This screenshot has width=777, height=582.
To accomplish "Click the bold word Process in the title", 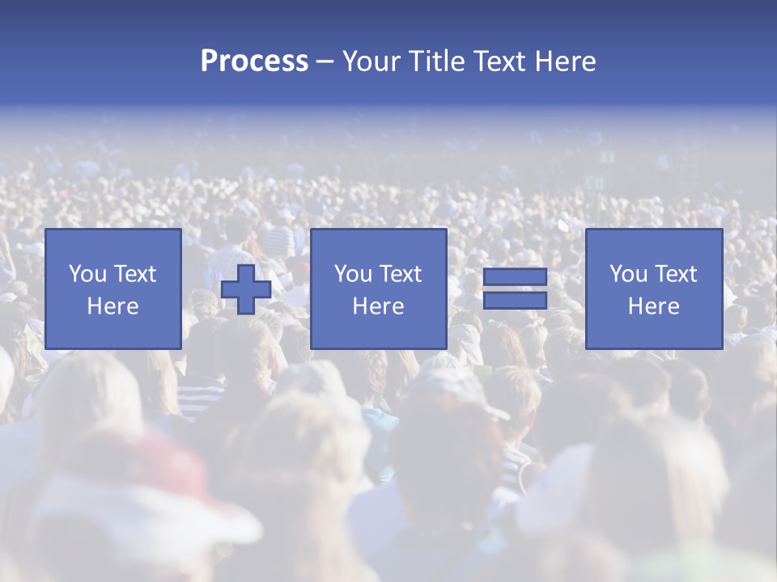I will pos(254,61).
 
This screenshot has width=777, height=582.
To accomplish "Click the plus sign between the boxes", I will pos(246,289).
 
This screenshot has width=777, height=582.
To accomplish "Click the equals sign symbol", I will pos(515,289).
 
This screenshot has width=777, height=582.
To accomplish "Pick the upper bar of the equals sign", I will pos(515,277).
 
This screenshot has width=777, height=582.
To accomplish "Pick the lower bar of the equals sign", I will pos(515,300).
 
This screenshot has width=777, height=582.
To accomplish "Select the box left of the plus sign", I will pos(113,289).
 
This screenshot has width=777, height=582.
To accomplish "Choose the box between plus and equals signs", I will pos(378,289).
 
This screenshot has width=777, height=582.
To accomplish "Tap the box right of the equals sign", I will pos(653,289).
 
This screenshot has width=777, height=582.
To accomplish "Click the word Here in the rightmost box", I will pos(653,306).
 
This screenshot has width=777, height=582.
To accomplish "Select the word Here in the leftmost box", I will pos(113,306).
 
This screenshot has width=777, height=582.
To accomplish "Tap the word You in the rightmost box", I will pos(628,274).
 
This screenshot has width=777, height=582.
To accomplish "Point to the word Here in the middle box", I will pos(378,306).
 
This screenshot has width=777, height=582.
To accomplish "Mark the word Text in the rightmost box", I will pos(676,274).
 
